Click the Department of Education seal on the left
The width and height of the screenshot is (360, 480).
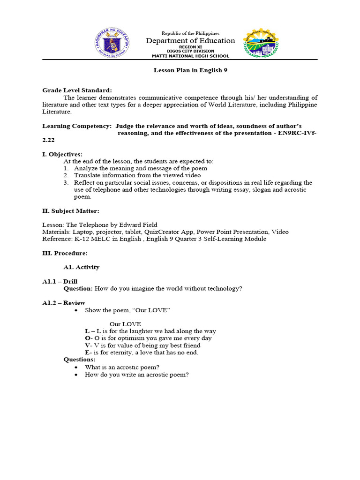(x=112, y=43)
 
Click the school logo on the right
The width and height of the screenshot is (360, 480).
(x=261, y=44)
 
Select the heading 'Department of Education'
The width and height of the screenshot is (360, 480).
(x=190, y=41)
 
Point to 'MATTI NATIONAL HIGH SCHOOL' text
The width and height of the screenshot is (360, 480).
(x=190, y=56)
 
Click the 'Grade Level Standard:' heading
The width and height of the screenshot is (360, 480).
(x=77, y=90)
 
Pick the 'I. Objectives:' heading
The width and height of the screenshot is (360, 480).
(x=62, y=154)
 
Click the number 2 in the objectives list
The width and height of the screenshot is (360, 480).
(x=66, y=175)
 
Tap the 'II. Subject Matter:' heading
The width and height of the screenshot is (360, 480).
(x=71, y=211)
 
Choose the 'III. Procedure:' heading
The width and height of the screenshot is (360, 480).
(x=65, y=253)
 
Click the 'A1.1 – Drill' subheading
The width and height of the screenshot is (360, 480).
(x=60, y=282)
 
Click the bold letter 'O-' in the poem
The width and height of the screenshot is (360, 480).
(x=88, y=338)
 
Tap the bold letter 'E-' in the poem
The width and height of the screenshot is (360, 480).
(x=88, y=352)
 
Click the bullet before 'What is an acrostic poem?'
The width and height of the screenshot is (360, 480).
(x=76, y=367)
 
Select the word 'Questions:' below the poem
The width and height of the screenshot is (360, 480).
(x=79, y=360)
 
